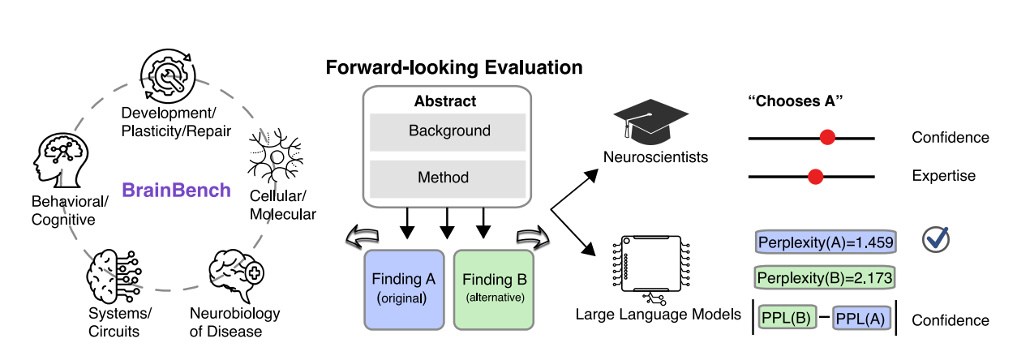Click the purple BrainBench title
176,191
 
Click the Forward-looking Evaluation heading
454,67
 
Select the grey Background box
448,131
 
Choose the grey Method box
448,178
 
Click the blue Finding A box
404,288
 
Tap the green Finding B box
494,288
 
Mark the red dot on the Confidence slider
827,138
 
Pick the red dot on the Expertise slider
816,176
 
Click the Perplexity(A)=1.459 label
825,242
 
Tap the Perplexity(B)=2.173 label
825,278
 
